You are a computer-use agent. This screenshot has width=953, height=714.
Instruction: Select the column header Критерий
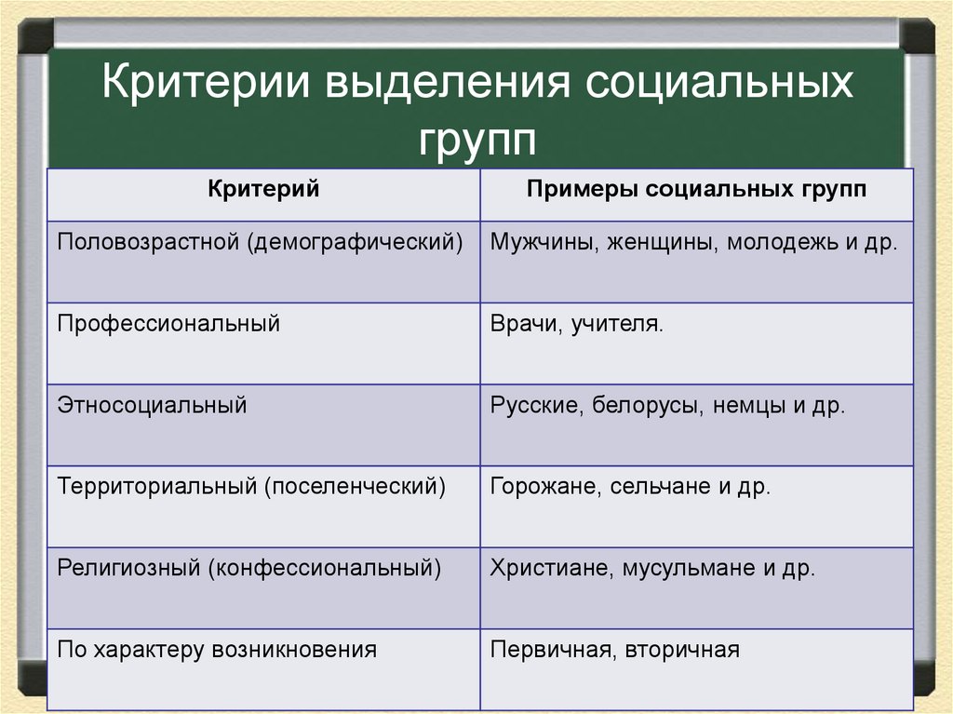[263, 191]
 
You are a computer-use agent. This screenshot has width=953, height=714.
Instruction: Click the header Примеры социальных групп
[696, 191]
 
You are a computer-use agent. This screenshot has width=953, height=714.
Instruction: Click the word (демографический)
[355, 242]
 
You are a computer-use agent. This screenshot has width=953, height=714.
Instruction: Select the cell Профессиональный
[168, 324]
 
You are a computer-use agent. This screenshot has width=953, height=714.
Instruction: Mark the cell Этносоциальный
[152, 406]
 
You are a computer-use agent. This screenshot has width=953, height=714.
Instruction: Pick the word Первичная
[546, 650]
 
